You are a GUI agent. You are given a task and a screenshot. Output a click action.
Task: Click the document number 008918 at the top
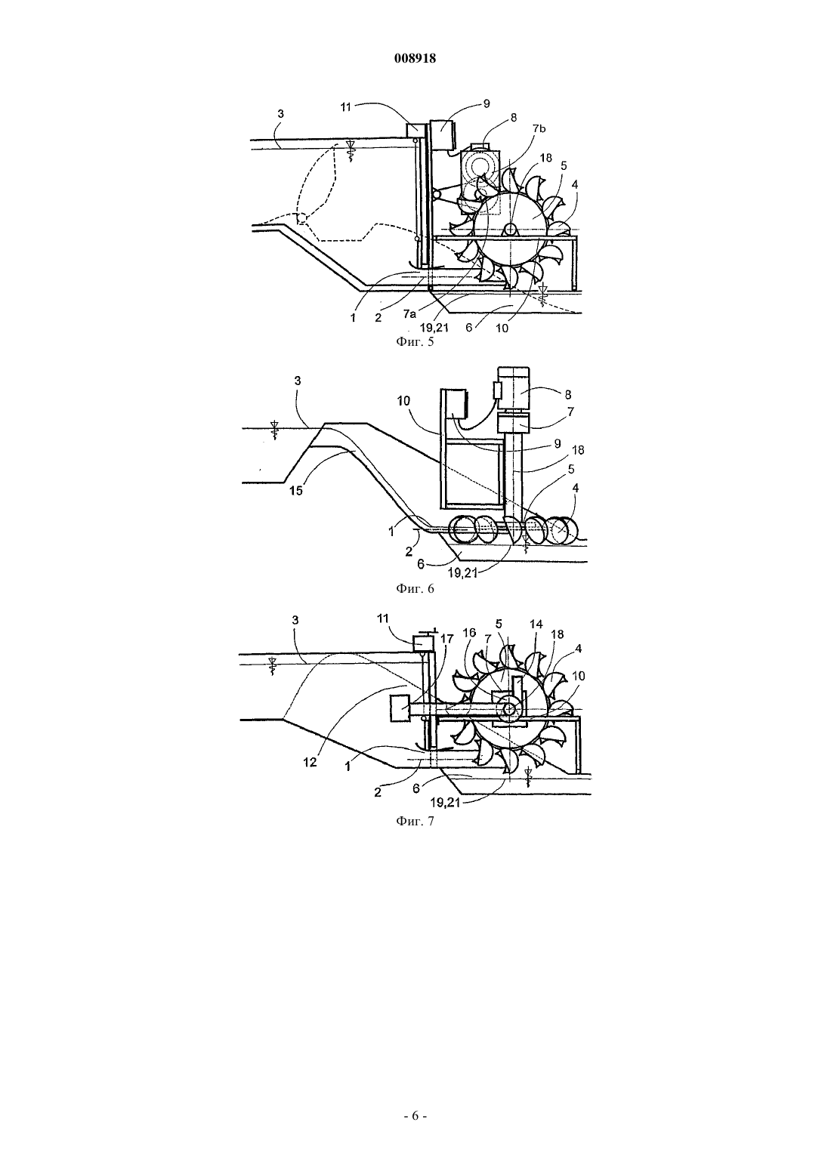[x=415, y=59]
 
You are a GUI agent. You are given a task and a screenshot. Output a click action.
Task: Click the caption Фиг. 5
[x=415, y=343]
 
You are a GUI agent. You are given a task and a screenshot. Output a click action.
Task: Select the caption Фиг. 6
[x=415, y=588]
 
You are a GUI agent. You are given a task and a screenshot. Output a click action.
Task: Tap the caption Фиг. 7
[x=415, y=822]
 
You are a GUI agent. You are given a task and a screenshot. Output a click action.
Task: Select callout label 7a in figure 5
[x=410, y=313]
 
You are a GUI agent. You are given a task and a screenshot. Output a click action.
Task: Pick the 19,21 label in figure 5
[x=434, y=328]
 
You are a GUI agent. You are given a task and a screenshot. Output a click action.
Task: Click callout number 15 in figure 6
[x=297, y=492]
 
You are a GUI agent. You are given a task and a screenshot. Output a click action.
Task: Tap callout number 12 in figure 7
[x=310, y=763]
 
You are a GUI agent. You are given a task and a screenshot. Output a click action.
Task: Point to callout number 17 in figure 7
[x=447, y=639]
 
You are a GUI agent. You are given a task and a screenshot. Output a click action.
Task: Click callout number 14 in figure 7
[x=536, y=625]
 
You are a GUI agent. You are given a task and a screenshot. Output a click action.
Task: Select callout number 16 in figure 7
[x=469, y=633]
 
